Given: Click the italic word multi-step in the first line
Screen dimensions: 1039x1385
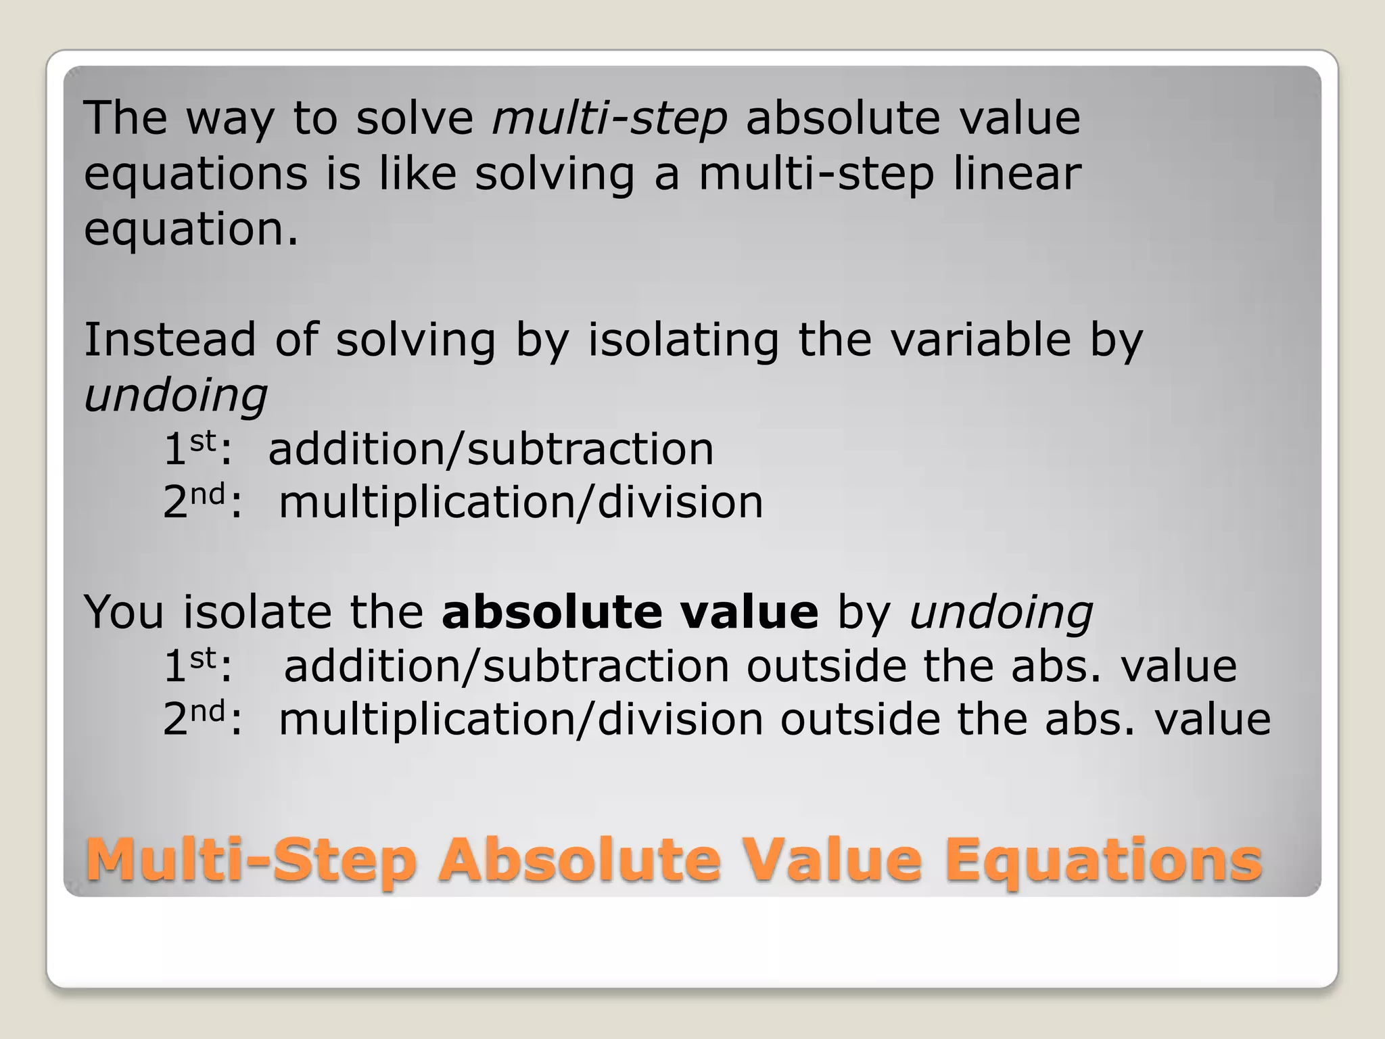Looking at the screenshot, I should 609,118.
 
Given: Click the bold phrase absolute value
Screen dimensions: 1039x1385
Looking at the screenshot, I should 630,611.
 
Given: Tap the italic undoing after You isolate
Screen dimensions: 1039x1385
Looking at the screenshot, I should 1001,613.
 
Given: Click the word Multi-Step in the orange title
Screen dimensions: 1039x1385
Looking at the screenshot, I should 250,860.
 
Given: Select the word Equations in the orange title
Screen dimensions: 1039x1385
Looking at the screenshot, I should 1103,860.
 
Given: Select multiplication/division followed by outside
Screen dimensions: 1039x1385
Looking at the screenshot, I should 521,718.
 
